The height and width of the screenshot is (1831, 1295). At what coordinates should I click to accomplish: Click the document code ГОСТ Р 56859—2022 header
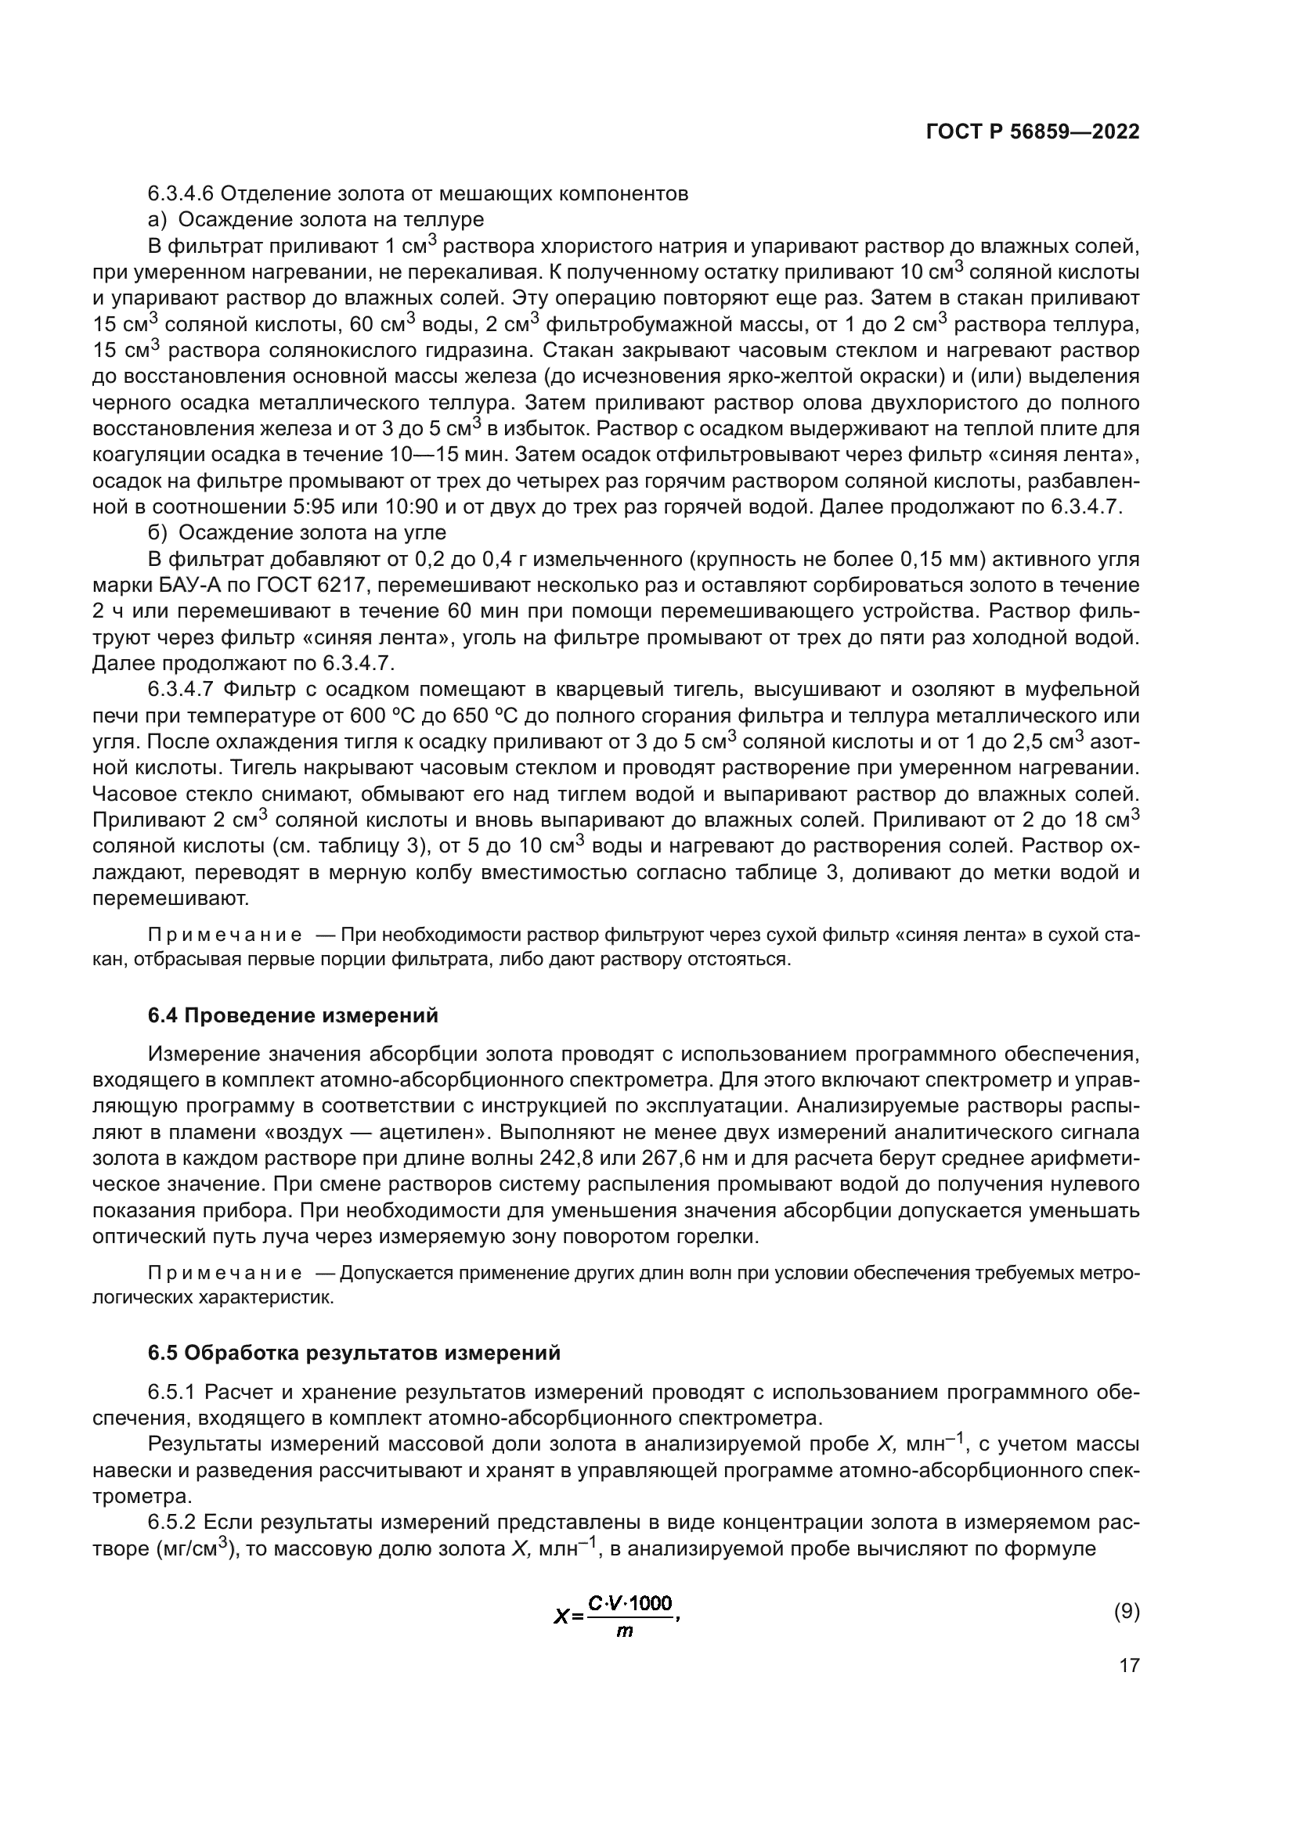[1032, 132]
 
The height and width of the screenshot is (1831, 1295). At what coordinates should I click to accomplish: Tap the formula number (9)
[1126, 1611]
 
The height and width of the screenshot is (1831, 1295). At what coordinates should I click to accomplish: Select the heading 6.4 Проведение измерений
[293, 1015]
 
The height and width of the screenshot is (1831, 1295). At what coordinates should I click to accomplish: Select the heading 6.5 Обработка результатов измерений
[354, 1353]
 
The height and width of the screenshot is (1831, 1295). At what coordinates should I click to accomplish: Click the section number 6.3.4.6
[180, 193]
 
